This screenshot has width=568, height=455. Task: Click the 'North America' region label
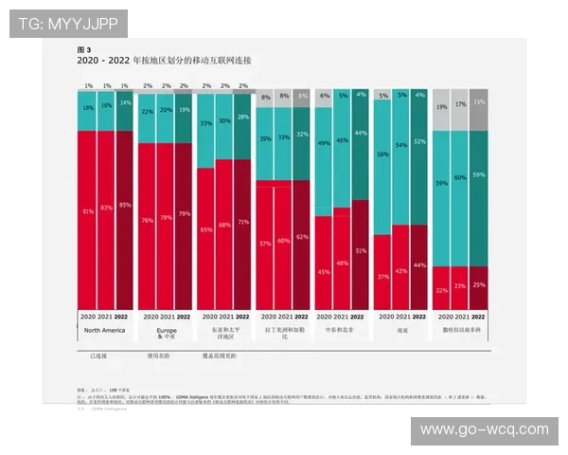point(104,330)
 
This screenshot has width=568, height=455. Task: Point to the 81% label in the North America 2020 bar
point(87,210)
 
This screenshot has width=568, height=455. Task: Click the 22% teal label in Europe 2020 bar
point(147,112)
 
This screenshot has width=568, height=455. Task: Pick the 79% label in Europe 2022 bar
point(184,213)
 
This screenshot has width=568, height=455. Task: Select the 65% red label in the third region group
point(206,229)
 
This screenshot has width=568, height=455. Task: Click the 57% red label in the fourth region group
point(266,244)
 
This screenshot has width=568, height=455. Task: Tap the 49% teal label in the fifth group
point(324,143)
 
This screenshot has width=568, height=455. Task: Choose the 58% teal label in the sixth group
point(382,154)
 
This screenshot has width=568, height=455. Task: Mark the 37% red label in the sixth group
point(382,276)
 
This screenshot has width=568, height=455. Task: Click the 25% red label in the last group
point(478,284)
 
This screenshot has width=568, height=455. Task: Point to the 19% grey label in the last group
point(442,107)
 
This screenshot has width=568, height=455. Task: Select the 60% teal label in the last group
point(460,177)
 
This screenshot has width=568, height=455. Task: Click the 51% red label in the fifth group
point(361,251)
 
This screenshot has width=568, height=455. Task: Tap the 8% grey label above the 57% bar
point(266,97)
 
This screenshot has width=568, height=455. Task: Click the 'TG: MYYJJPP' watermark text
point(68,23)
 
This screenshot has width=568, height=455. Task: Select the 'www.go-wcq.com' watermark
point(484,429)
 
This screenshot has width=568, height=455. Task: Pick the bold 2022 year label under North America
point(123,316)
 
